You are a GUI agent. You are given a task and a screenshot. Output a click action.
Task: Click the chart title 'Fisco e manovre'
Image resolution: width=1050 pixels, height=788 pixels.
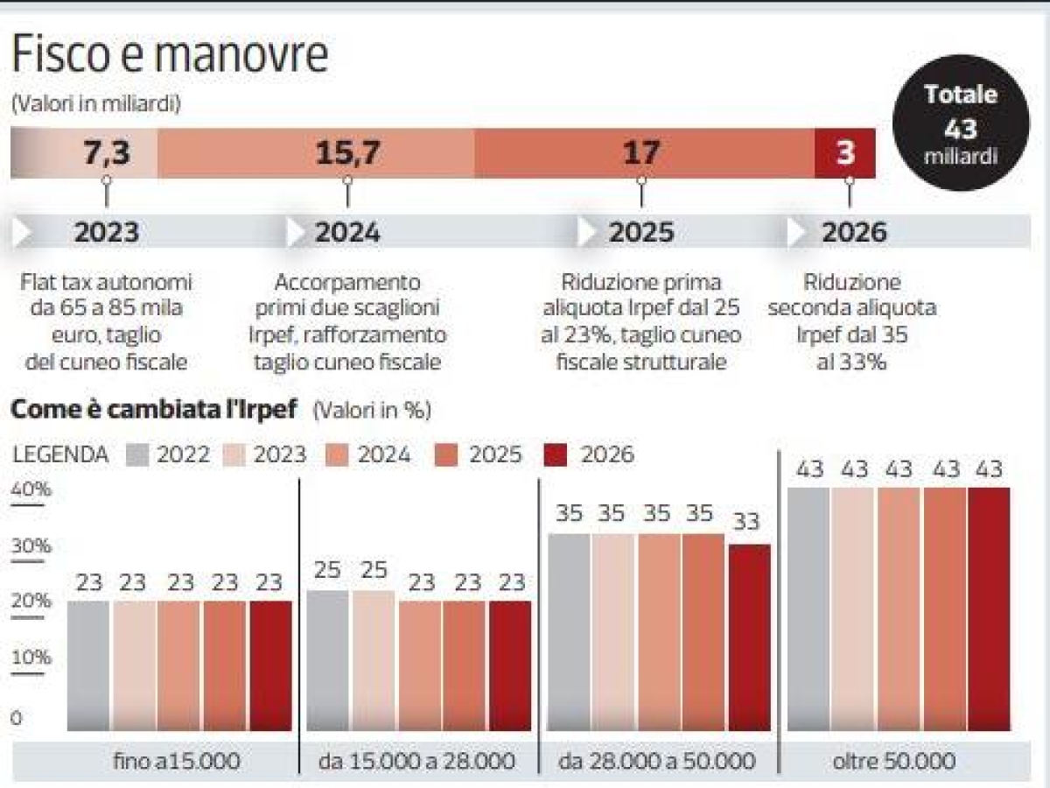pos(170,54)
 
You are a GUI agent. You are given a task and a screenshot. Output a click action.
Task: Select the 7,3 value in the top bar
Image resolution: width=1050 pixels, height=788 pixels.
pos(106,152)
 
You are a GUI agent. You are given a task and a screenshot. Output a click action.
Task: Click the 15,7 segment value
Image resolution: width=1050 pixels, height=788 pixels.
pos(347,152)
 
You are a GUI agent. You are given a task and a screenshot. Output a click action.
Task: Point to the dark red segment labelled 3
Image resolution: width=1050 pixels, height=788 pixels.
pos(845,152)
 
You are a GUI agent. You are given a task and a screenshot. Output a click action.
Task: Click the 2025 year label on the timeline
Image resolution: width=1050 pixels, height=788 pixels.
pos(641,232)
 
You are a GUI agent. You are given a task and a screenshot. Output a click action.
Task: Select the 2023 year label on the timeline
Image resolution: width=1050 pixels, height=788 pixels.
pos(106,232)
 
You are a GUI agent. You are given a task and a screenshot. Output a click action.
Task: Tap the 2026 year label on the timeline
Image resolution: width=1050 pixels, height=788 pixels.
pos(853,232)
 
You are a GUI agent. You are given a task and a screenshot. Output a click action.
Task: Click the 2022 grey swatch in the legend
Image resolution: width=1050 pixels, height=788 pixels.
pos(139,454)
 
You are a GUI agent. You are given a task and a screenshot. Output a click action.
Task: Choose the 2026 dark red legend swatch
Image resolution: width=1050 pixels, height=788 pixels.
pos(556,454)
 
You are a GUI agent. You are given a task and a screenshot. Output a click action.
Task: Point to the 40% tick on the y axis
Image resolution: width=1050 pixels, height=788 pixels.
pos(31,490)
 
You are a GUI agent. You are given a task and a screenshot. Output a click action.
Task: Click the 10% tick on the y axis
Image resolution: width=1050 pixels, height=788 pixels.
pos(31,658)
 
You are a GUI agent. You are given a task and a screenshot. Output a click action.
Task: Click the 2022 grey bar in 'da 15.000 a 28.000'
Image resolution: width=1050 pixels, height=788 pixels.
pos(327,661)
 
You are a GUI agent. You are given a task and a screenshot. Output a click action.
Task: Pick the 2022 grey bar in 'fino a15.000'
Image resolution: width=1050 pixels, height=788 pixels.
pos(88,665)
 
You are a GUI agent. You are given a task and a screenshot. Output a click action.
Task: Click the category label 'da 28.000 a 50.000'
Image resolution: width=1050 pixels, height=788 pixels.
pos(656,762)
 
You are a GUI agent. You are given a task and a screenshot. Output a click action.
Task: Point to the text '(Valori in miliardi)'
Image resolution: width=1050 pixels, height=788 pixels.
pos(95,104)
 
